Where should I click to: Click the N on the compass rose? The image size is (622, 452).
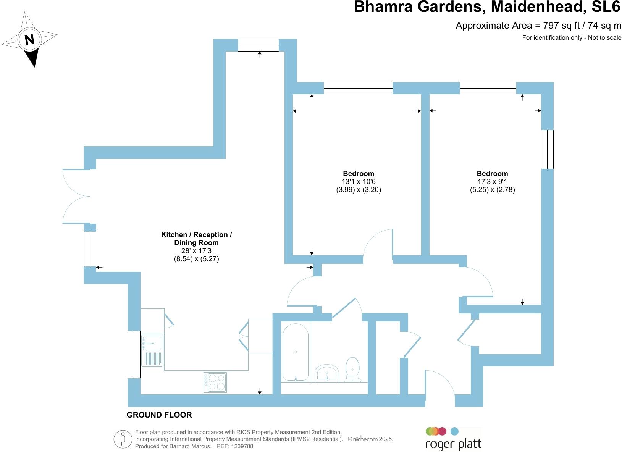(30, 39)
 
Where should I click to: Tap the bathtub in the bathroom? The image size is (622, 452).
(296, 352)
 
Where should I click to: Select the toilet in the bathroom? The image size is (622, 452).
(352, 370)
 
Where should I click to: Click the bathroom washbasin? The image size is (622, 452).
(327, 373)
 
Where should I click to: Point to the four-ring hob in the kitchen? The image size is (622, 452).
(215, 382)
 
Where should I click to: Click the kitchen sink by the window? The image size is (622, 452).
(152, 351)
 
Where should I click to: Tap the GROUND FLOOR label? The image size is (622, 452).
(159, 415)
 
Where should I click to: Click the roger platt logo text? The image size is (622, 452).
(453, 444)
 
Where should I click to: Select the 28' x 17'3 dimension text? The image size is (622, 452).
(196, 251)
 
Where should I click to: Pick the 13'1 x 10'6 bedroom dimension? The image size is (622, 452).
(359, 182)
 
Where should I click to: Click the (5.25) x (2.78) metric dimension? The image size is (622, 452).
(492, 190)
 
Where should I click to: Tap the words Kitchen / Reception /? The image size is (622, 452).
(196, 235)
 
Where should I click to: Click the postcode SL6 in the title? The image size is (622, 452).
(606, 6)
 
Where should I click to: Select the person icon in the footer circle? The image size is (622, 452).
(123, 439)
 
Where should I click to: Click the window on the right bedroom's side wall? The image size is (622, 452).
(547, 149)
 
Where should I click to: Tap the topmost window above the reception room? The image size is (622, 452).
(258, 45)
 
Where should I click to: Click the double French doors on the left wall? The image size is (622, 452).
(76, 196)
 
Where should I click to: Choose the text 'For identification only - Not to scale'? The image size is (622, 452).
(572, 37)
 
